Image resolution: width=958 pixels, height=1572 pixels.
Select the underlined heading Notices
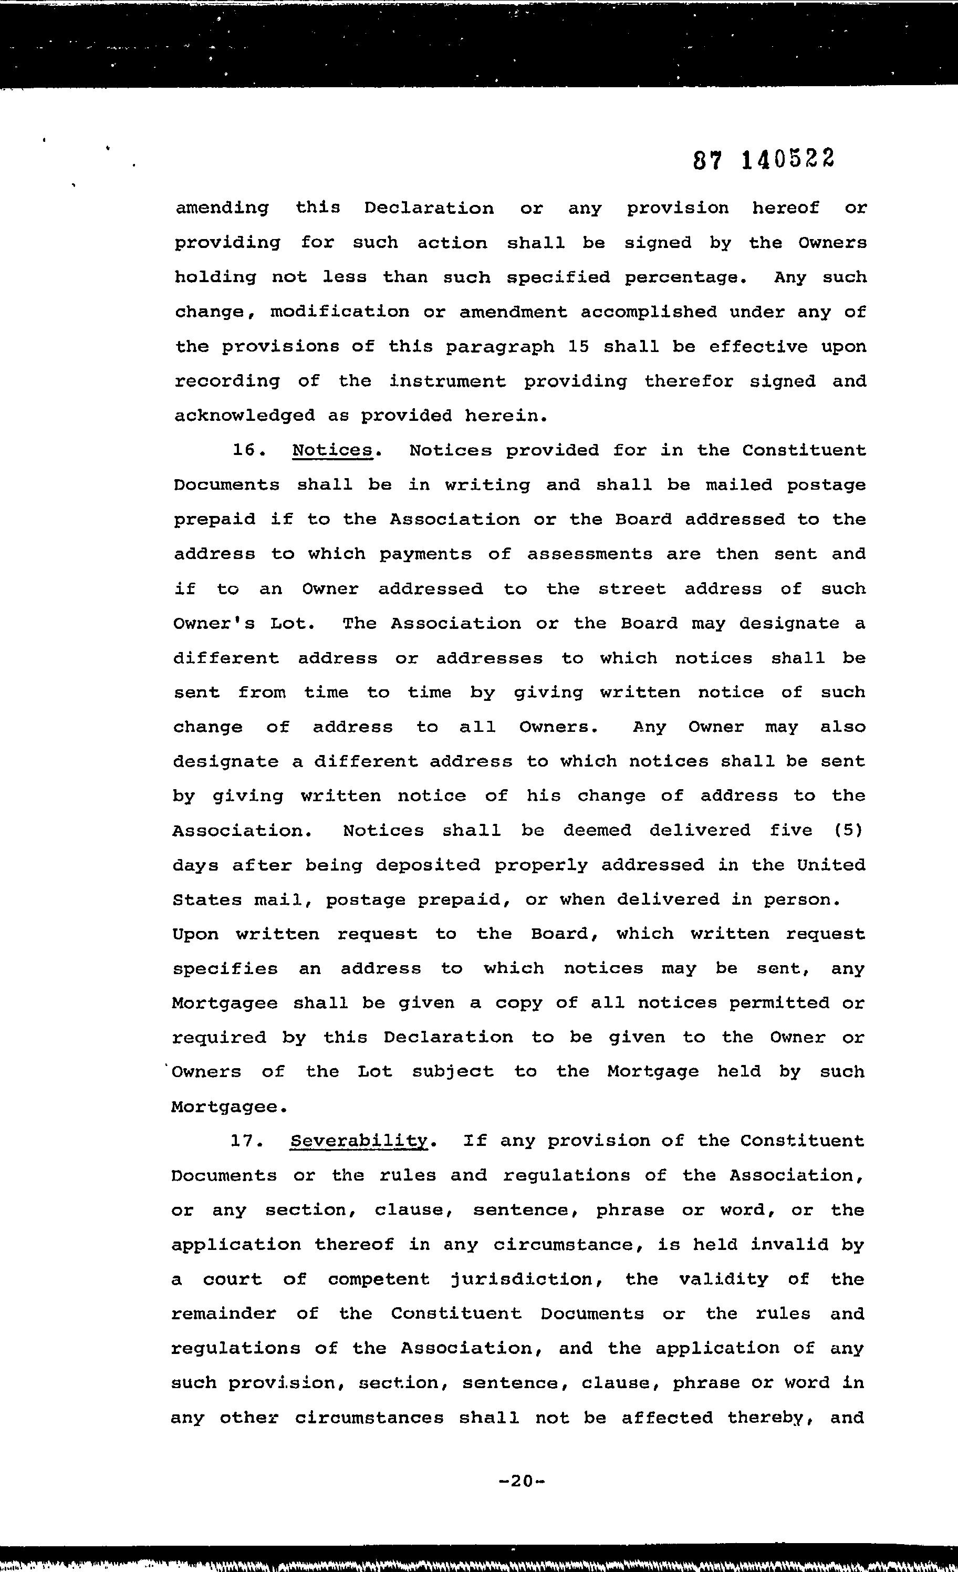point(331,450)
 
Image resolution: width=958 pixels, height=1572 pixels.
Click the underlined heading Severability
point(359,1141)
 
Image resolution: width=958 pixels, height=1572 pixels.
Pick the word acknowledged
point(244,416)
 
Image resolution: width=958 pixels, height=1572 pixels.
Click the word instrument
point(447,381)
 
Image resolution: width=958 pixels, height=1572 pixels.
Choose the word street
point(631,589)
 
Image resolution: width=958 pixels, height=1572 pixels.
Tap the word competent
point(379,1280)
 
